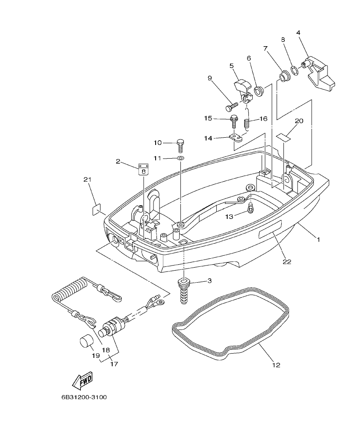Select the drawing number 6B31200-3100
[84, 397]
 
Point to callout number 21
[88, 180]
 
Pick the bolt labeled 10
[181, 145]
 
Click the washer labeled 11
[180, 159]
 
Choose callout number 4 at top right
[298, 32]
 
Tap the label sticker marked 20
[283, 137]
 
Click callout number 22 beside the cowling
[286, 262]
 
